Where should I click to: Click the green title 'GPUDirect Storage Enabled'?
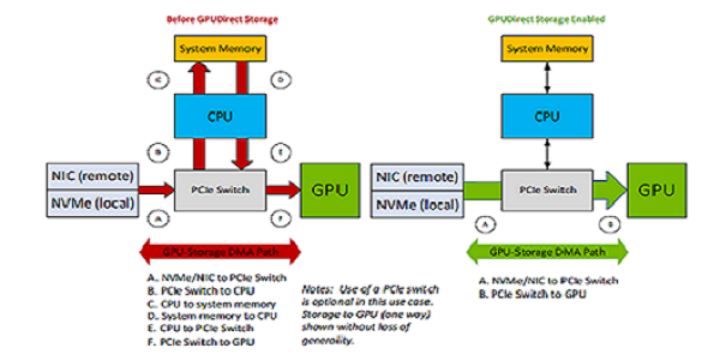pyautogui.click(x=546, y=20)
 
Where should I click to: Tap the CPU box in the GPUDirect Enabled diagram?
pyautogui.click(x=547, y=116)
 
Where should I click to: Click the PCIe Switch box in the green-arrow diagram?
pyautogui.click(x=547, y=190)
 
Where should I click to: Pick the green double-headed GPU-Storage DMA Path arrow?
pyautogui.click(x=547, y=251)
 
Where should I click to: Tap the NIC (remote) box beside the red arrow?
pyautogui.click(x=92, y=176)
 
